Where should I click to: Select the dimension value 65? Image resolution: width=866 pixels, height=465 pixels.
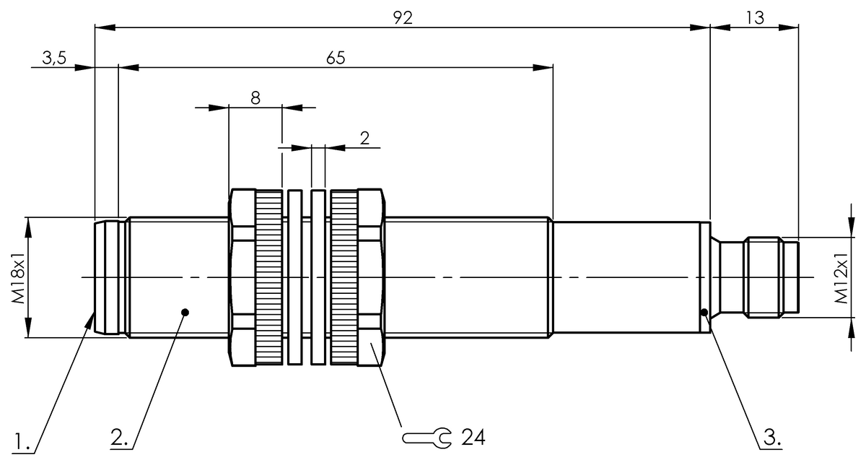pos(335,58)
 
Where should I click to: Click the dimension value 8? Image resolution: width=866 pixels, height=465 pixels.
pos(255,98)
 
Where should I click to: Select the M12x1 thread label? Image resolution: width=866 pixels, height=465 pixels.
pos(841,277)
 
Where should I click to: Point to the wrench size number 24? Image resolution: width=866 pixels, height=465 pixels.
pos(473,437)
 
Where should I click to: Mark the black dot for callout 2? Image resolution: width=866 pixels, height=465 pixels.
pos(185,312)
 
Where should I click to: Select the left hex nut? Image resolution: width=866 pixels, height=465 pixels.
pos(243,277)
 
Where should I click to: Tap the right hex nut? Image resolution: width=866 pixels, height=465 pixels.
pos(370,277)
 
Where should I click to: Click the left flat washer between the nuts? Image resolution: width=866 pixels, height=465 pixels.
pos(294,277)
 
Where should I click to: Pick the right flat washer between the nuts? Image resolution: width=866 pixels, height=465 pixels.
pos(318,277)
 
